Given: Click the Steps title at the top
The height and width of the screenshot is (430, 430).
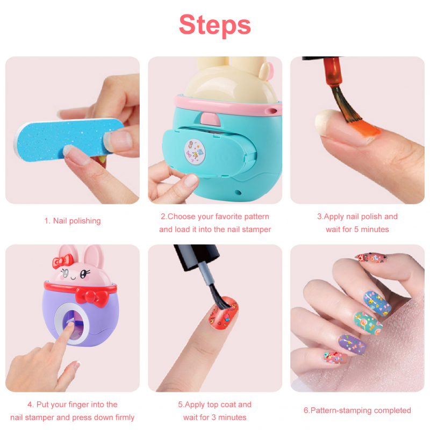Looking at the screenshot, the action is pos(214,25).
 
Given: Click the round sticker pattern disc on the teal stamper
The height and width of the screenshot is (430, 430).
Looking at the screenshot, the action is pos(195,152).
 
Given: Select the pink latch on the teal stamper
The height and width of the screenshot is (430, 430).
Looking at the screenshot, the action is pos(210,119).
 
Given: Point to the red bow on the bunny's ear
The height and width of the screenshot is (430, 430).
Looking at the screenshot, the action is pos(63,261).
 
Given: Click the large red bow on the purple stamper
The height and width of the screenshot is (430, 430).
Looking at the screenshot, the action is pos(92,298).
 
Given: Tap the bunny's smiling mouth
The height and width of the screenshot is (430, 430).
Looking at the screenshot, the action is pos(73,278).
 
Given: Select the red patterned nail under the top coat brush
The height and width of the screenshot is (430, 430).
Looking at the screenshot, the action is pos(224,314).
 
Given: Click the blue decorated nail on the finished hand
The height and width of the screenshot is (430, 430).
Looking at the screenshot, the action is pos(377,303).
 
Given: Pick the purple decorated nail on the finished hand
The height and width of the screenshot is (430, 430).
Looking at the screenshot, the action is pos(352,345).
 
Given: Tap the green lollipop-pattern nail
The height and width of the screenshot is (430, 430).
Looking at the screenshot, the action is pos(367,323).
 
